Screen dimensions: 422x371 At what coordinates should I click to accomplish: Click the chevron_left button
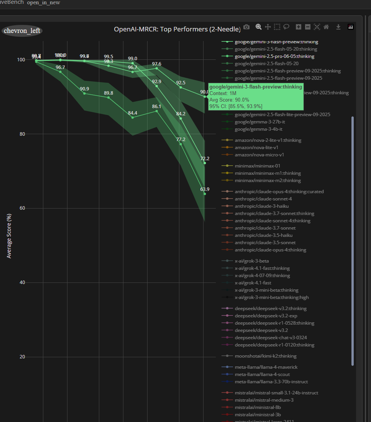[22, 31]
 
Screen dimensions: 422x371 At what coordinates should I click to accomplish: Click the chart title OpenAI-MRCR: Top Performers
[177, 29]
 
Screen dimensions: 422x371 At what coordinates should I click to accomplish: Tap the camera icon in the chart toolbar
[246, 27]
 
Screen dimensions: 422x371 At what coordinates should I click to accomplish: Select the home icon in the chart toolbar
[326, 27]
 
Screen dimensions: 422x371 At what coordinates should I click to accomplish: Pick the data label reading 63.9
[205, 189]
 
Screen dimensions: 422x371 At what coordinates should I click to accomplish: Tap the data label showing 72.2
[205, 158]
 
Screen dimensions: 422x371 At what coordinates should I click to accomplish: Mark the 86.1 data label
[156, 106]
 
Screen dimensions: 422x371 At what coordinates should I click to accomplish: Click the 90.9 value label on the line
[84, 89]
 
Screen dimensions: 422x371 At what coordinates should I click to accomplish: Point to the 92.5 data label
[181, 82]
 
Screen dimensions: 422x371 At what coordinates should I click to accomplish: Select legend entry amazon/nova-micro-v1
[259, 155]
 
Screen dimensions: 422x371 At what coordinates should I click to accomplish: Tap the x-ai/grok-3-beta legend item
[251, 261]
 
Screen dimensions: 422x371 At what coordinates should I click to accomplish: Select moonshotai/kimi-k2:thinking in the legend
[265, 356]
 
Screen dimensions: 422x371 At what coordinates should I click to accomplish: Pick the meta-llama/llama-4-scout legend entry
[261, 374]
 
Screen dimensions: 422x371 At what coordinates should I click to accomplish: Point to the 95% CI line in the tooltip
[236, 106]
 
